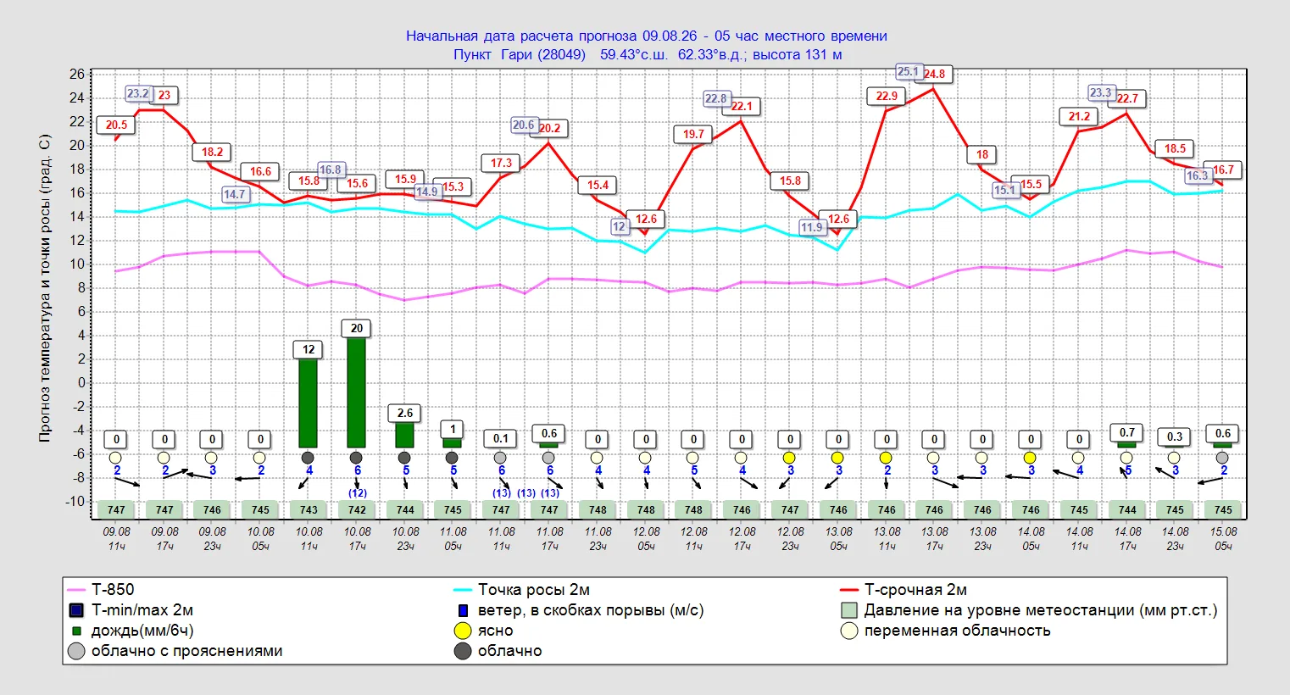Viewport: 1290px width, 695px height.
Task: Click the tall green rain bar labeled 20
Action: coord(357,392)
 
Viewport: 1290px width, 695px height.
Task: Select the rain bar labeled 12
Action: coord(309,403)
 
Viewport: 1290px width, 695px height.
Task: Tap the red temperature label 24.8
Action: coord(934,75)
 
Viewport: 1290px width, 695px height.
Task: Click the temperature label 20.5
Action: coord(116,125)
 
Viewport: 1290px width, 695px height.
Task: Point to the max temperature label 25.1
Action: coord(908,71)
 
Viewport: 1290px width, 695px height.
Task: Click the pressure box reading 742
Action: coord(357,510)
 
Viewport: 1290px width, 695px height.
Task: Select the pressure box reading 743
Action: coord(309,510)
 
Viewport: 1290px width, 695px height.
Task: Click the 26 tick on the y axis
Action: coord(77,75)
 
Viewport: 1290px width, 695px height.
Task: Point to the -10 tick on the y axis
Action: coord(75,502)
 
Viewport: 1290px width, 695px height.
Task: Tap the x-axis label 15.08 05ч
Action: coord(1223,538)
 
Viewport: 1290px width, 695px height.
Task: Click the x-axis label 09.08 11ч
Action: coord(116,538)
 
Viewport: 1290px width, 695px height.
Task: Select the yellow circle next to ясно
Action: coord(463,631)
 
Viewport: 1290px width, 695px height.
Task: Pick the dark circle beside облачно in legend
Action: coord(463,651)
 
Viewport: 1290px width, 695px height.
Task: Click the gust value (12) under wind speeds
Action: coord(357,493)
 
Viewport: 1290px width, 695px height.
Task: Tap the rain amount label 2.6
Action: coord(405,413)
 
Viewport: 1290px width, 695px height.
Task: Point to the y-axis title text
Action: coord(45,288)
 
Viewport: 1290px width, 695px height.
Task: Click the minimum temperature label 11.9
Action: coord(811,227)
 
